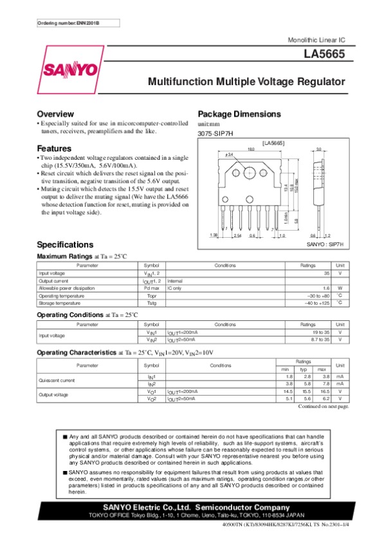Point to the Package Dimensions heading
pyautogui.click(x=239, y=114)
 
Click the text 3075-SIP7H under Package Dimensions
pyautogui.click(x=215, y=133)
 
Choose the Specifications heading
pyautogui.click(x=66, y=245)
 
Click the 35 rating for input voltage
pyautogui.click(x=326, y=273)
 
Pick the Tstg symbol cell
pyautogui.click(x=151, y=302)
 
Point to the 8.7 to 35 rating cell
pyautogui.click(x=318, y=339)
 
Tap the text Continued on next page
pyautogui.click(x=324, y=406)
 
